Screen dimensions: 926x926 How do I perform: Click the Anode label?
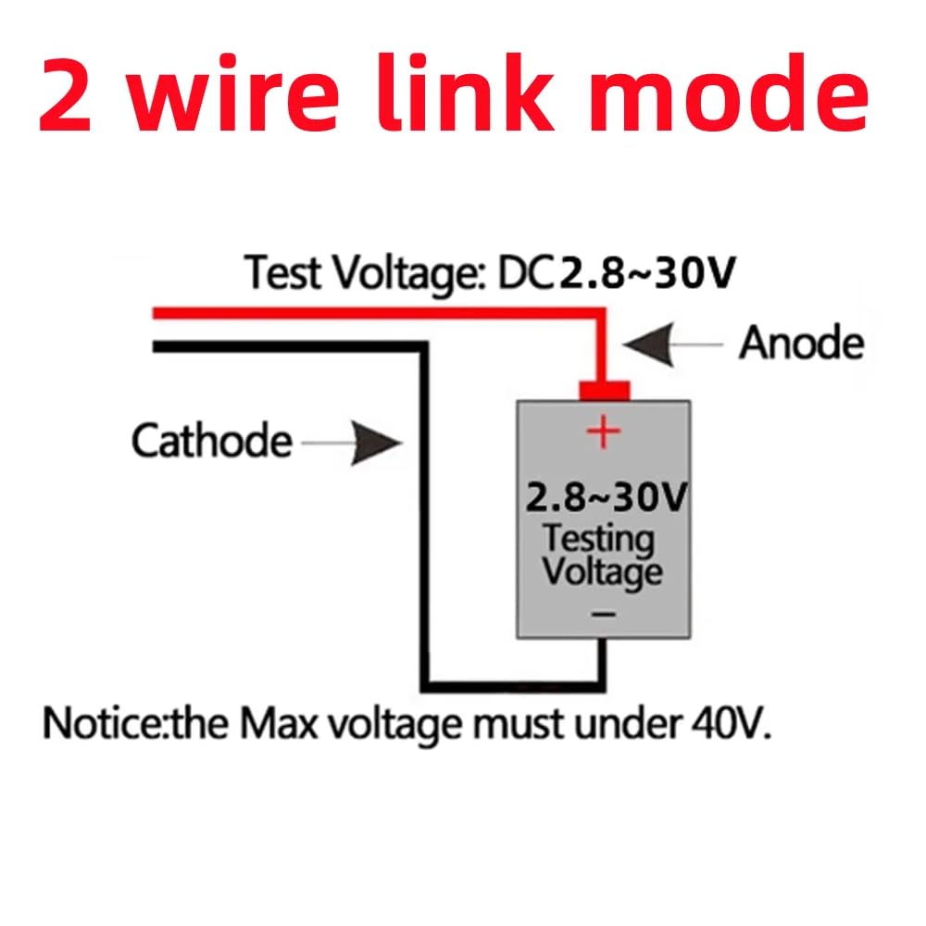801,344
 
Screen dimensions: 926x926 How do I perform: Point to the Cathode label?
211,441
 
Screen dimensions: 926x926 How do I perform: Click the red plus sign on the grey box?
603,432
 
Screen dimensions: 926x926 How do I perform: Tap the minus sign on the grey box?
603,612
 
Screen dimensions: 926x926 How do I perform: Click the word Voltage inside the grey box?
602,570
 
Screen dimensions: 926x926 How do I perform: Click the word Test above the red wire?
282,274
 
